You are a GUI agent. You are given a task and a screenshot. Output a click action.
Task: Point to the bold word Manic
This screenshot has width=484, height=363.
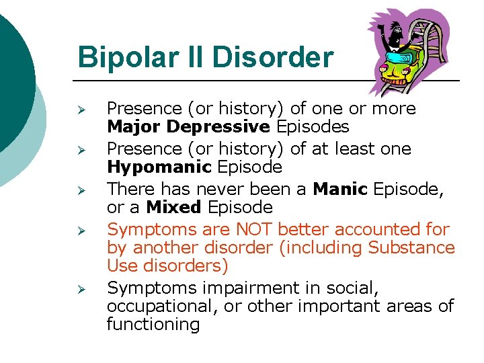pyautogui.click(x=340, y=189)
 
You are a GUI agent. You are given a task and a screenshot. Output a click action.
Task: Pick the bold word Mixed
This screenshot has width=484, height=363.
pyautogui.click(x=173, y=207)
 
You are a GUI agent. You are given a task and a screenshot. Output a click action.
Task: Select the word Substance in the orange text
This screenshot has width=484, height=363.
pyautogui.click(x=411, y=247)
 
